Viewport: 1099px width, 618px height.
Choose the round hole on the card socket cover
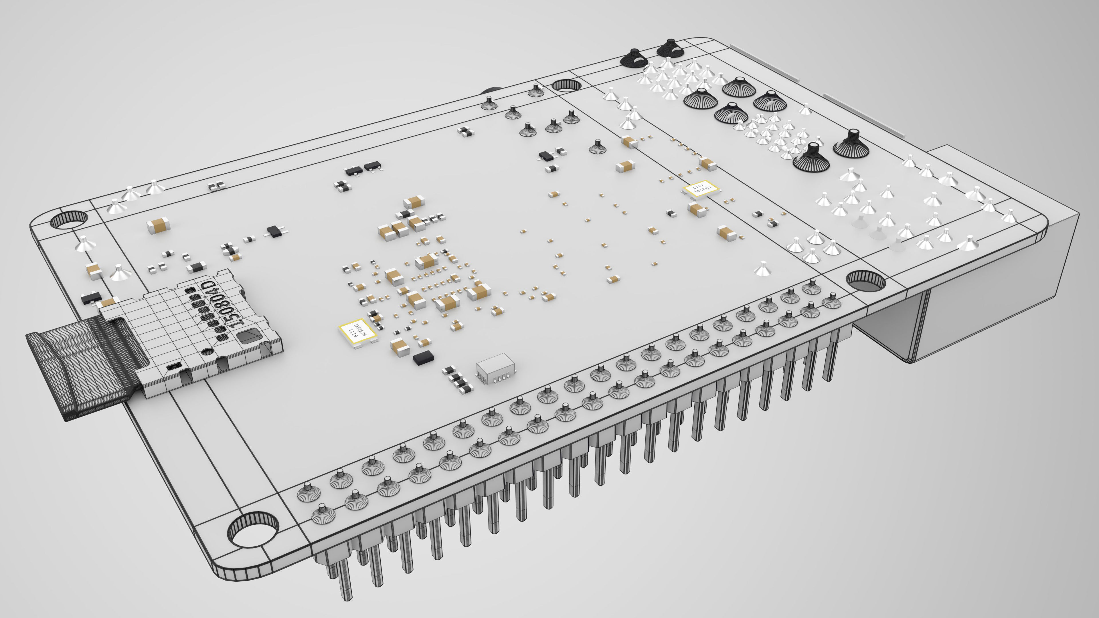tap(207, 351)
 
